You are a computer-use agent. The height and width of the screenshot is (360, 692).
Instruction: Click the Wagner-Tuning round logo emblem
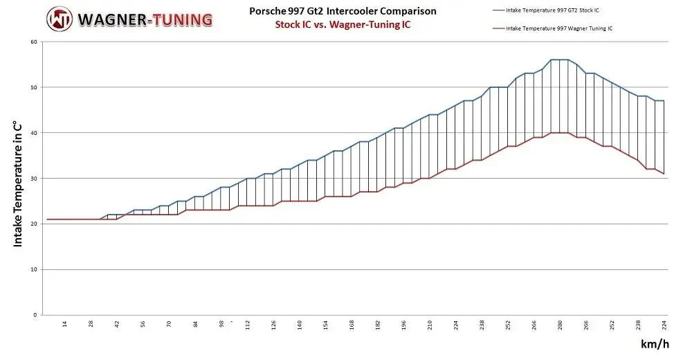[x=60, y=19]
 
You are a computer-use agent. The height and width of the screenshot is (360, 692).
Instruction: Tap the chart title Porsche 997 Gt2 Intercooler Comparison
[x=343, y=11]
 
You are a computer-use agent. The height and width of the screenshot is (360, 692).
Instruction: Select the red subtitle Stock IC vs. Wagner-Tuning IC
[x=343, y=24]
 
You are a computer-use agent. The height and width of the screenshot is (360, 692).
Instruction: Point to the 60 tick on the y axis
[x=34, y=42]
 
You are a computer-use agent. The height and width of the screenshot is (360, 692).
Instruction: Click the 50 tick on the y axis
[x=34, y=87]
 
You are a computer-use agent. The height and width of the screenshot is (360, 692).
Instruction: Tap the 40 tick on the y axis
[x=34, y=133]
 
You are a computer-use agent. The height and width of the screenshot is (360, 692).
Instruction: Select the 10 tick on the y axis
[x=34, y=269]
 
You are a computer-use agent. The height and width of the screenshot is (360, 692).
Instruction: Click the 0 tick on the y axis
[x=35, y=315]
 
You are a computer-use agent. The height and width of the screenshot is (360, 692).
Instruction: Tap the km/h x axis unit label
[x=655, y=344]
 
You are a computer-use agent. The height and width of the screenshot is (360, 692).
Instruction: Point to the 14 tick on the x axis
[x=65, y=324]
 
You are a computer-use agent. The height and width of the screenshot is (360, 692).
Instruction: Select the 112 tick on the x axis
[x=248, y=325]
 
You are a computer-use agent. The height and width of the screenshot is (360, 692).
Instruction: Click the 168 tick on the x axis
[x=352, y=325]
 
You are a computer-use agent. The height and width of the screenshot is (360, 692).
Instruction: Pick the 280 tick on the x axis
[x=560, y=325]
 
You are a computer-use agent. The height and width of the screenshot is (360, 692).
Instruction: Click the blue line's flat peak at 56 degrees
[x=559, y=60]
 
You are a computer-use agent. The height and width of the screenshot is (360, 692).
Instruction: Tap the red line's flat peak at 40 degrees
[x=559, y=132]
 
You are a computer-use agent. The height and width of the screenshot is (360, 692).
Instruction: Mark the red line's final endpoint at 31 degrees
[x=664, y=174]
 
